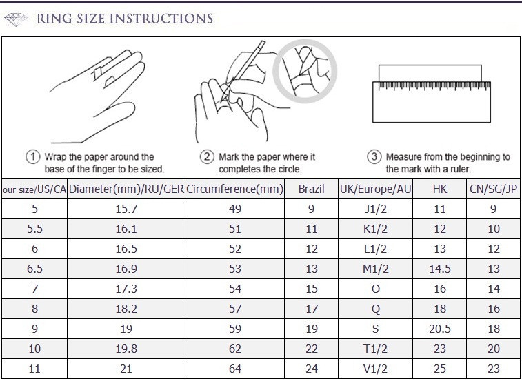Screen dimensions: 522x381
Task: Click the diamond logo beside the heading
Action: pos(16,19)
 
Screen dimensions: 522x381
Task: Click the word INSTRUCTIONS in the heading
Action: pos(161,19)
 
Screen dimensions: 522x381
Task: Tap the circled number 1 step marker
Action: pos(32,156)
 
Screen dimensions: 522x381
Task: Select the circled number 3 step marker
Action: pos(374,156)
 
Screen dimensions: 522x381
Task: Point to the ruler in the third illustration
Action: pos(432,102)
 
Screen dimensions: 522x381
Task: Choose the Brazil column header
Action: pos(311,189)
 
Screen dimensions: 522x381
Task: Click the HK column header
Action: pos(440,189)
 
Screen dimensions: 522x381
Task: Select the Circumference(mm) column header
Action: pos(234,189)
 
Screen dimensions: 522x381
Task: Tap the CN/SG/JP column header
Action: pos(493,189)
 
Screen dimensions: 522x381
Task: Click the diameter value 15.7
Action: pos(126,209)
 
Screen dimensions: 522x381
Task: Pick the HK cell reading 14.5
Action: pos(440,269)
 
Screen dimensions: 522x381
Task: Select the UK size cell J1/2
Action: pos(375,209)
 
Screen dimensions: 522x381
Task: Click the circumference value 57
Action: pos(234,309)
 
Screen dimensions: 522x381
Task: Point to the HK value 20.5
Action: pos(440,329)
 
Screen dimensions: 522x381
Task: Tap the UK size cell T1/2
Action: pos(375,349)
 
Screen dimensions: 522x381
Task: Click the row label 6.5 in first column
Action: pos(34,269)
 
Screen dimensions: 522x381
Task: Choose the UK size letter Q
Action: pos(375,309)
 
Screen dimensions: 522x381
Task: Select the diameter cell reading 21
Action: pos(126,369)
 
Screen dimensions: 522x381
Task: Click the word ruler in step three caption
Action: pos(460,169)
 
